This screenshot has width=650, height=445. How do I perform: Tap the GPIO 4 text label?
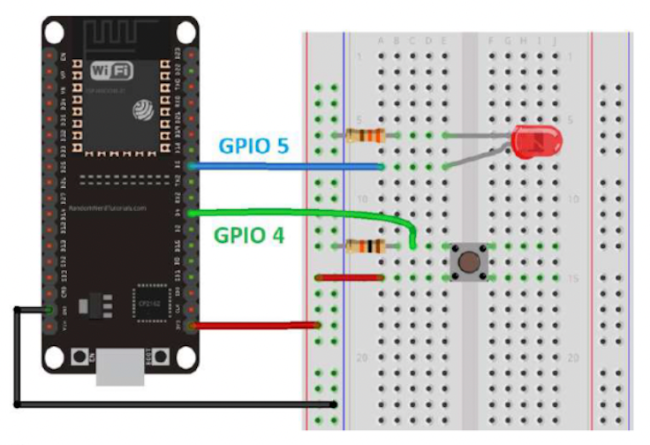pyautogui.click(x=250, y=236)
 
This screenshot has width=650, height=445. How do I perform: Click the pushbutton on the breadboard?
pyautogui.click(x=468, y=261)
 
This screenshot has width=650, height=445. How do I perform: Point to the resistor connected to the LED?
pyautogui.click(x=364, y=135)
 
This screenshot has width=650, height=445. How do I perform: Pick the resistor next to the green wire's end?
pyautogui.click(x=364, y=245)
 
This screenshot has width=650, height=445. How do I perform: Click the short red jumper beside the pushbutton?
pyautogui.click(x=349, y=277)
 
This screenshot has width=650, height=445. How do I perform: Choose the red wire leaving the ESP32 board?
pyautogui.click(x=256, y=325)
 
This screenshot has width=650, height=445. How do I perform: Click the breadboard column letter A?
pyautogui.click(x=381, y=41)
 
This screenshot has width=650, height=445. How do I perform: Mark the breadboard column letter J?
pyautogui.click(x=555, y=41)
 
